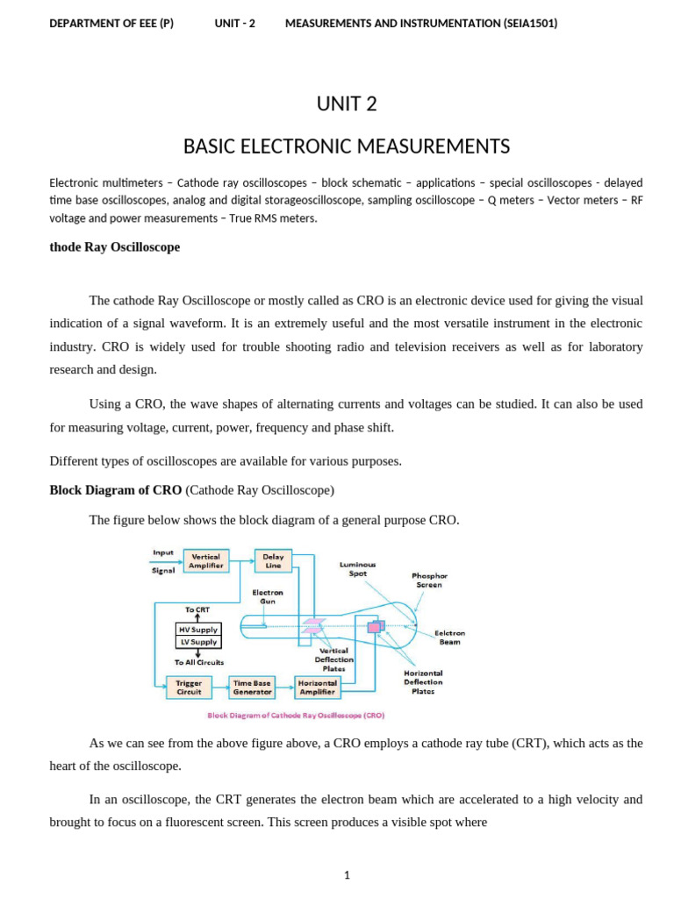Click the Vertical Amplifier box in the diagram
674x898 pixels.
pos(205,561)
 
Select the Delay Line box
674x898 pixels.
pos(273,561)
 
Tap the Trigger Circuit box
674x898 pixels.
pos(189,687)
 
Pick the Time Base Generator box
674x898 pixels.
pos(253,687)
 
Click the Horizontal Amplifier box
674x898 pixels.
pos(317,687)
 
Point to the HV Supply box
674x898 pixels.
pos(198,630)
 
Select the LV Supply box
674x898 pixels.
pos(198,642)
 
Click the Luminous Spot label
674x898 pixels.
pos(357,568)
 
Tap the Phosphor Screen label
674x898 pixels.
pos(429,580)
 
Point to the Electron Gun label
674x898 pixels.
pos(268,596)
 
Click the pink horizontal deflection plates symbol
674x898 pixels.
pos(376,626)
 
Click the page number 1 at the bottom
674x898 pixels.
pos(347,875)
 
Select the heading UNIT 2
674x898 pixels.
pos(347,104)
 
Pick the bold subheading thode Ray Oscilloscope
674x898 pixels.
pos(115,247)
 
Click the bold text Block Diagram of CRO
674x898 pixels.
pos(116,490)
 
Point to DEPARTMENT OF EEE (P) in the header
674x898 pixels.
pos(111,24)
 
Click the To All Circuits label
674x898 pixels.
pos(198,662)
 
